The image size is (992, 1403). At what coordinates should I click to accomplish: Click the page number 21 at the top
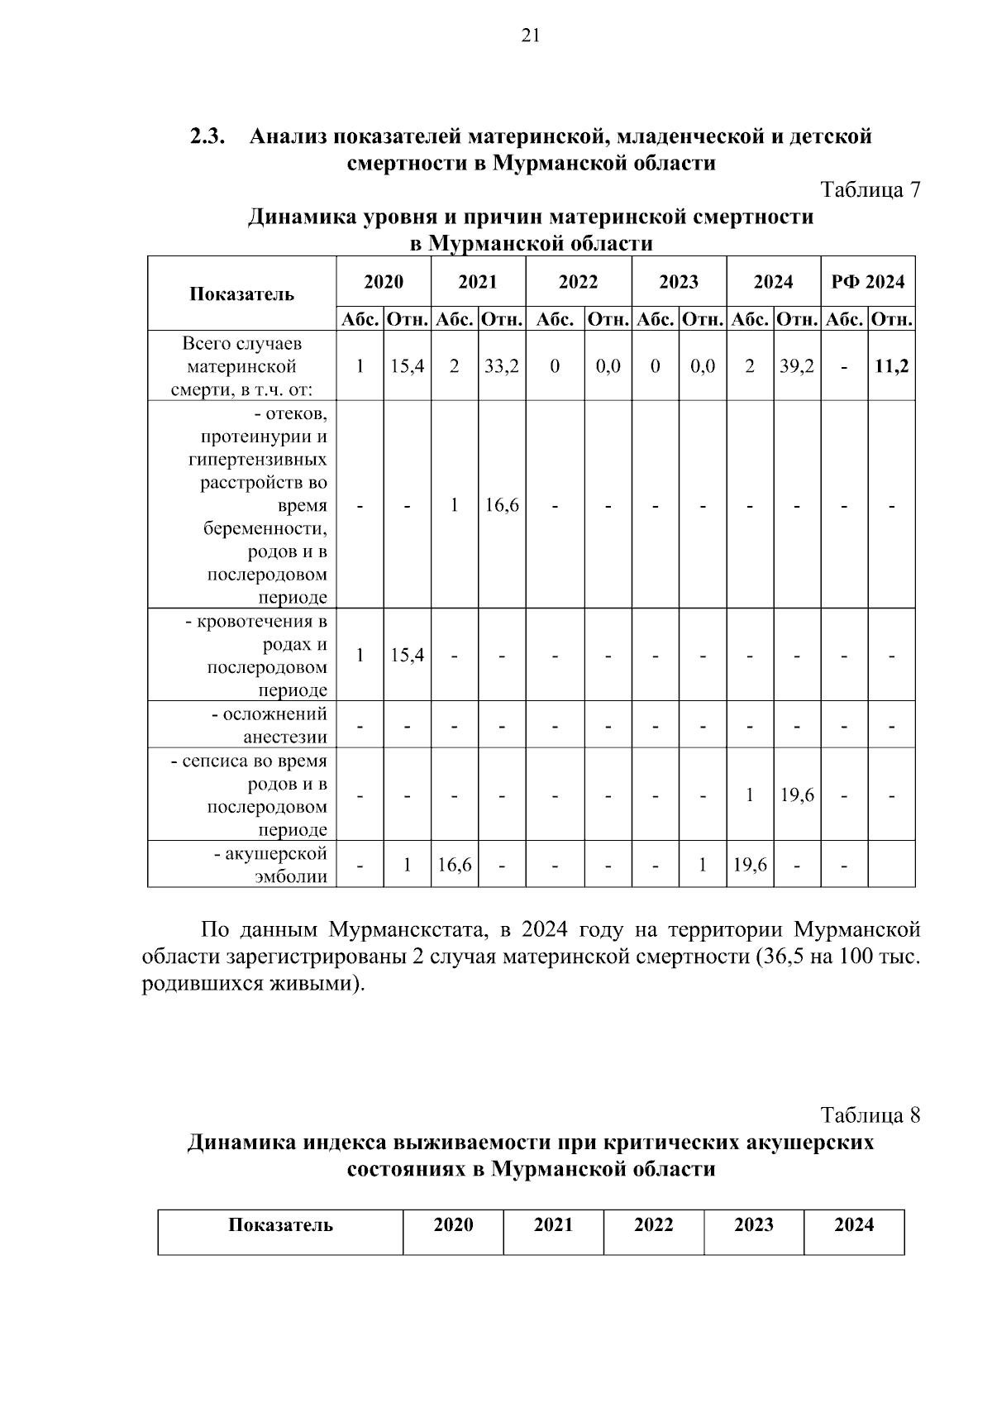coord(531,35)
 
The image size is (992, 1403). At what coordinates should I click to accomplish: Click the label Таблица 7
coord(870,190)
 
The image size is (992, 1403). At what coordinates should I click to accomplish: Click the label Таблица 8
coord(870,1115)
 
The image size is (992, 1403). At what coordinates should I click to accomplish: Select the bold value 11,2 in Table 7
coord(892,366)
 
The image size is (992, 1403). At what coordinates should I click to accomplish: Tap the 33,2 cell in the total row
coord(502,366)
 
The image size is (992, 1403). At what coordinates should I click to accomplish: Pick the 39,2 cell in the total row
coord(797,366)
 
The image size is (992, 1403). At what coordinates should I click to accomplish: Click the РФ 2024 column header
coord(868,282)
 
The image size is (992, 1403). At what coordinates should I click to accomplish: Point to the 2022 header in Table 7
coord(578,282)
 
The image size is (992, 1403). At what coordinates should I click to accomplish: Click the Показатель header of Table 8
coord(280,1225)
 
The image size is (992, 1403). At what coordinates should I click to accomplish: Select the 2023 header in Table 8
coord(753,1225)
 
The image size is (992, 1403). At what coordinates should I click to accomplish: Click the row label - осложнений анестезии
coord(269,725)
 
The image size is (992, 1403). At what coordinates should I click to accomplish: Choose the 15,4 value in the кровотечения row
coord(407,656)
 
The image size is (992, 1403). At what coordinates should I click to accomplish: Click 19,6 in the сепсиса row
coord(797,795)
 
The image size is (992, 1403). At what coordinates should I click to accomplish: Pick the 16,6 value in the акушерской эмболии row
coord(455,865)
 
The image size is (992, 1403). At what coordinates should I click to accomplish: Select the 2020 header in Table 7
coord(384,282)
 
